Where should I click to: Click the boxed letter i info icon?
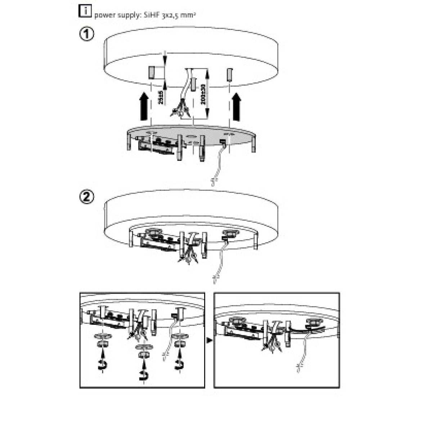(x=85, y=12)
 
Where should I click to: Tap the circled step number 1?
(x=86, y=35)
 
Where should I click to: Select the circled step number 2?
(x=86, y=197)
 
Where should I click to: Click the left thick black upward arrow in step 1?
(x=143, y=106)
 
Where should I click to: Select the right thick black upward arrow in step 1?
(x=237, y=107)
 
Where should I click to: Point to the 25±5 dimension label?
(x=161, y=97)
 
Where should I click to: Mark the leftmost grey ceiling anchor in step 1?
(x=151, y=73)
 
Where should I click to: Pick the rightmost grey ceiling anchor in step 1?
(x=229, y=74)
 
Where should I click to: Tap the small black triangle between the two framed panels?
(x=210, y=339)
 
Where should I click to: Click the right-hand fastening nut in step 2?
(x=228, y=233)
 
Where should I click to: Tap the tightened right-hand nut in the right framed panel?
(x=312, y=323)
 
